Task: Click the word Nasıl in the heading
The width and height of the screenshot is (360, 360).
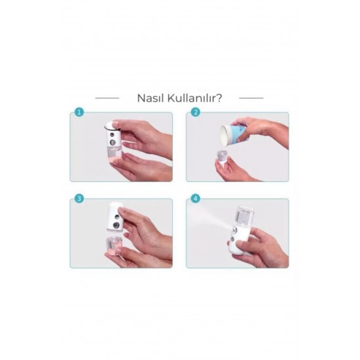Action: coord(151,98)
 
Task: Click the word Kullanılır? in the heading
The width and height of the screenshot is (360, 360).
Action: coord(194,98)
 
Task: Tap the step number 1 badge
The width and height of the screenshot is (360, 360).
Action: coord(79,113)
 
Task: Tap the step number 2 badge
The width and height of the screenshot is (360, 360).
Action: coord(196,113)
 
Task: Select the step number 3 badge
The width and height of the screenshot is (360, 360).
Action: coord(79,198)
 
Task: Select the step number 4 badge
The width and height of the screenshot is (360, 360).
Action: coord(196,198)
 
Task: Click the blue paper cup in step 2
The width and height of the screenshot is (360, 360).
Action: coord(231,135)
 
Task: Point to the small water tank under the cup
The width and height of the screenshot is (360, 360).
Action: coord(222,156)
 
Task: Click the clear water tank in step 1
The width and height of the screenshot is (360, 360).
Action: coord(115,154)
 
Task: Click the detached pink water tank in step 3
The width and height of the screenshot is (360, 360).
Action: coord(114,245)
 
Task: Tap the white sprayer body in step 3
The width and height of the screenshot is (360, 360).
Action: coord(115,217)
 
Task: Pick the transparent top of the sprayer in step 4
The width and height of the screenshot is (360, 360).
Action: coord(244,215)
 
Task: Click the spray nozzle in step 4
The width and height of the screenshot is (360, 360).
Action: coord(234,229)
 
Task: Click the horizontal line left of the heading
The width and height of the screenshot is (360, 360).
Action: coord(107,98)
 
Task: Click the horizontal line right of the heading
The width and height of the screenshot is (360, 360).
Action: coord(251,98)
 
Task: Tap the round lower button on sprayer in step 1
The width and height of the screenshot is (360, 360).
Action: coord(113,143)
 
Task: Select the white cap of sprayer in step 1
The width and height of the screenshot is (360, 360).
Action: coord(111,126)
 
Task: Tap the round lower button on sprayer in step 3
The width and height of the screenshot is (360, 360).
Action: coord(116,226)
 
